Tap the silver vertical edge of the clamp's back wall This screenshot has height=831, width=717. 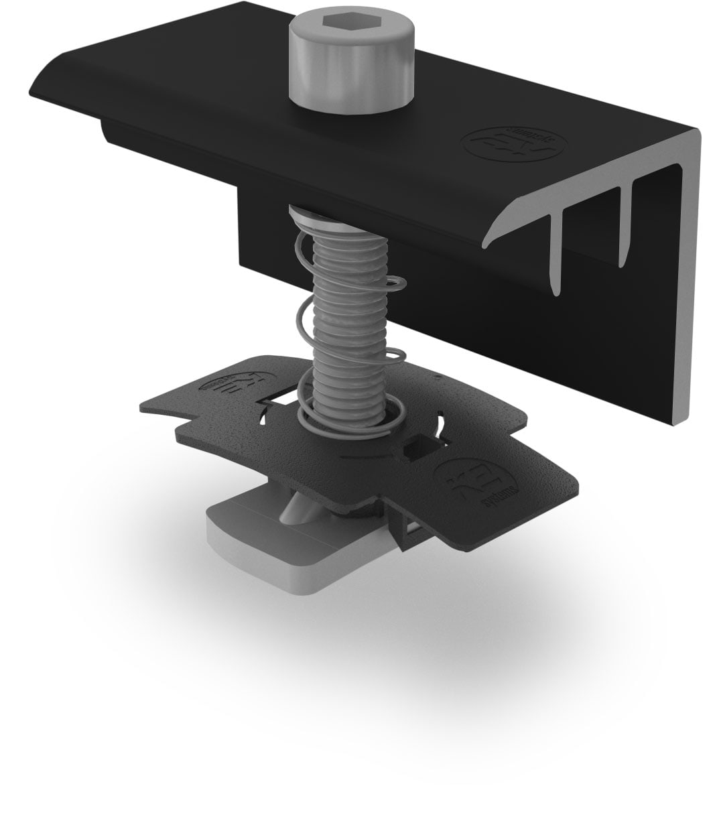pos(690,281)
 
